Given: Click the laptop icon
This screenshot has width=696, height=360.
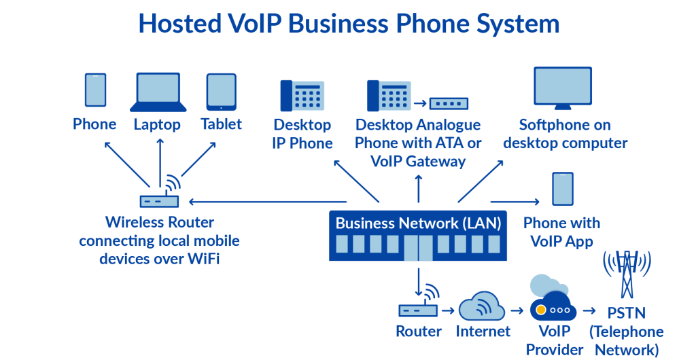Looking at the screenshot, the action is click(x=158, y=92).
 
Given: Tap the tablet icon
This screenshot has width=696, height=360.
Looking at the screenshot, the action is click(x=221, y=92).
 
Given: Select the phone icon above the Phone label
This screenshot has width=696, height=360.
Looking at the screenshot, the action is click(x=95, y=90).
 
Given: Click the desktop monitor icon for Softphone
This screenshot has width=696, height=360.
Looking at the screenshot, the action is click(x=562, y=88).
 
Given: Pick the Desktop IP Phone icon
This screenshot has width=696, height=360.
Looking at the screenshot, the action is click(x=302, y=95).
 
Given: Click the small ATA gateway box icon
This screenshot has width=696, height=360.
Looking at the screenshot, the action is click(x=449, y=103).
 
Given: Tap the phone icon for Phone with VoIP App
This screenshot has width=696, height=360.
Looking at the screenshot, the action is click(x=562, y=189).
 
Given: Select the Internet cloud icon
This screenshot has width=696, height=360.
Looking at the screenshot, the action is click(x=482, y=306).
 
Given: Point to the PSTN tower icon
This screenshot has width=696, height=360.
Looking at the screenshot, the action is click(x=626, y=274).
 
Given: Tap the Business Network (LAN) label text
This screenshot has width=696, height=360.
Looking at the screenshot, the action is click(x=418, y=223).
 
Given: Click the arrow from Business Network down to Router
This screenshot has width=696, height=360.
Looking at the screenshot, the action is click(x=418, y=281).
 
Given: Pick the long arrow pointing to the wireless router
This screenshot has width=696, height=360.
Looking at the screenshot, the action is click(x=268, y=202).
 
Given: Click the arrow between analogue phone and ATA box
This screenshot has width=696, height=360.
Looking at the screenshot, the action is click(x=420, y=104).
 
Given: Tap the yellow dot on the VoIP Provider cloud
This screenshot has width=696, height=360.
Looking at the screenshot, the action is click(x=540, y=310).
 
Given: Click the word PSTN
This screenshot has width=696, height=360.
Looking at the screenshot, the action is click(x=626, y=313).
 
